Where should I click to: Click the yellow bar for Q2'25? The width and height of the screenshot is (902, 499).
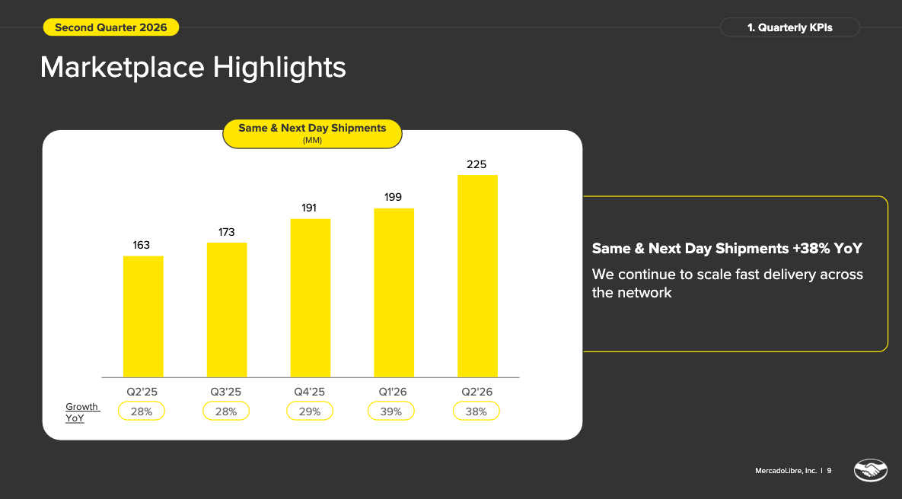(143, 316)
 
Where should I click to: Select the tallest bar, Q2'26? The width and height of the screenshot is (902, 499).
(477, 276)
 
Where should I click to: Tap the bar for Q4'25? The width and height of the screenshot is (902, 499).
(310, 298)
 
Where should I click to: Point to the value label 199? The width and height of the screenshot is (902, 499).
(393, 197)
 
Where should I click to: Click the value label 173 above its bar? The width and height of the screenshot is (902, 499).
(226, 232)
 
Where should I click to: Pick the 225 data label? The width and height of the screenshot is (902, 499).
(476, 164)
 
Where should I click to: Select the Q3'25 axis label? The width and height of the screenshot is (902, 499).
(225, 392)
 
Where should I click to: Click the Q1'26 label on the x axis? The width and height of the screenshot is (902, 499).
(392, 392)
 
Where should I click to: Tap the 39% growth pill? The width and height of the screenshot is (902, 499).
(390, 411)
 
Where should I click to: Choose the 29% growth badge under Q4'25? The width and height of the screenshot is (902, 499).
(310, 411)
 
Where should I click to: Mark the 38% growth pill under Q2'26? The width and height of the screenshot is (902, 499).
(476, 411)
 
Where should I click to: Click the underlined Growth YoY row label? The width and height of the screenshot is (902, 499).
(82, 412)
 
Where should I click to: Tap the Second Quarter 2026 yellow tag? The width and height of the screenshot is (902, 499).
(111, 27)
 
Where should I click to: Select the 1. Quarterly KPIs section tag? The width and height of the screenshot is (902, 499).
(790, 27)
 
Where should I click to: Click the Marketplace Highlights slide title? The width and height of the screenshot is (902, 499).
(193, 67)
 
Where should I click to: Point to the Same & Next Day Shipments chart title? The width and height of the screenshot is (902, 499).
(312, 128)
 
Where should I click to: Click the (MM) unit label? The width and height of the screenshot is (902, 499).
(312, 140)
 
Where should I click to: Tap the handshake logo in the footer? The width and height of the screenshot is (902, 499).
(870, 470)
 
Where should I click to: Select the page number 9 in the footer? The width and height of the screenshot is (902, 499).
(829, 470)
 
